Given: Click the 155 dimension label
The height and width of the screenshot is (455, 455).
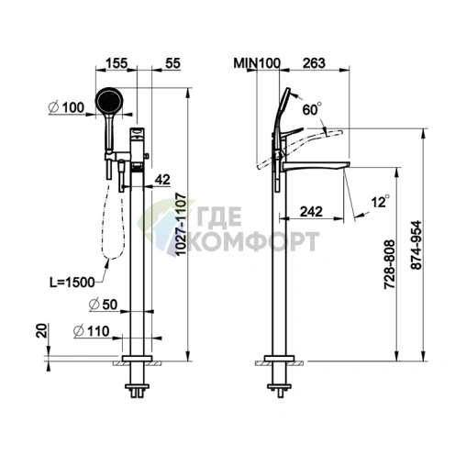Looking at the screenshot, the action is tap(116, 63).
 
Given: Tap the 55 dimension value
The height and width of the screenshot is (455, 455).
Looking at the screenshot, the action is tap(173, 63).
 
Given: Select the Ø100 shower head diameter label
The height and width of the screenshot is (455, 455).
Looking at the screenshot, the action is tap(67, 107).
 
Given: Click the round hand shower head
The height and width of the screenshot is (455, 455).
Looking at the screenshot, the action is tap(109, 101).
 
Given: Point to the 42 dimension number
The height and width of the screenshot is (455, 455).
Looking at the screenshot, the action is tap(162, 180).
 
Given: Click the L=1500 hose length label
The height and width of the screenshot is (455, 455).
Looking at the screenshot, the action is tap(72, 283).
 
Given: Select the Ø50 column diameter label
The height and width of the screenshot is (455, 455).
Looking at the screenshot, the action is tap(103, 305).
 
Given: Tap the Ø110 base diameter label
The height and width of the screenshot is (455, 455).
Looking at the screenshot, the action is tap(92, 331).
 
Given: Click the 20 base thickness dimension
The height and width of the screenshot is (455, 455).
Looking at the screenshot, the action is tap(42, 330).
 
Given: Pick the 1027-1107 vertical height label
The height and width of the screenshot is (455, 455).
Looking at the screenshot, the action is tap(182, 224).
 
